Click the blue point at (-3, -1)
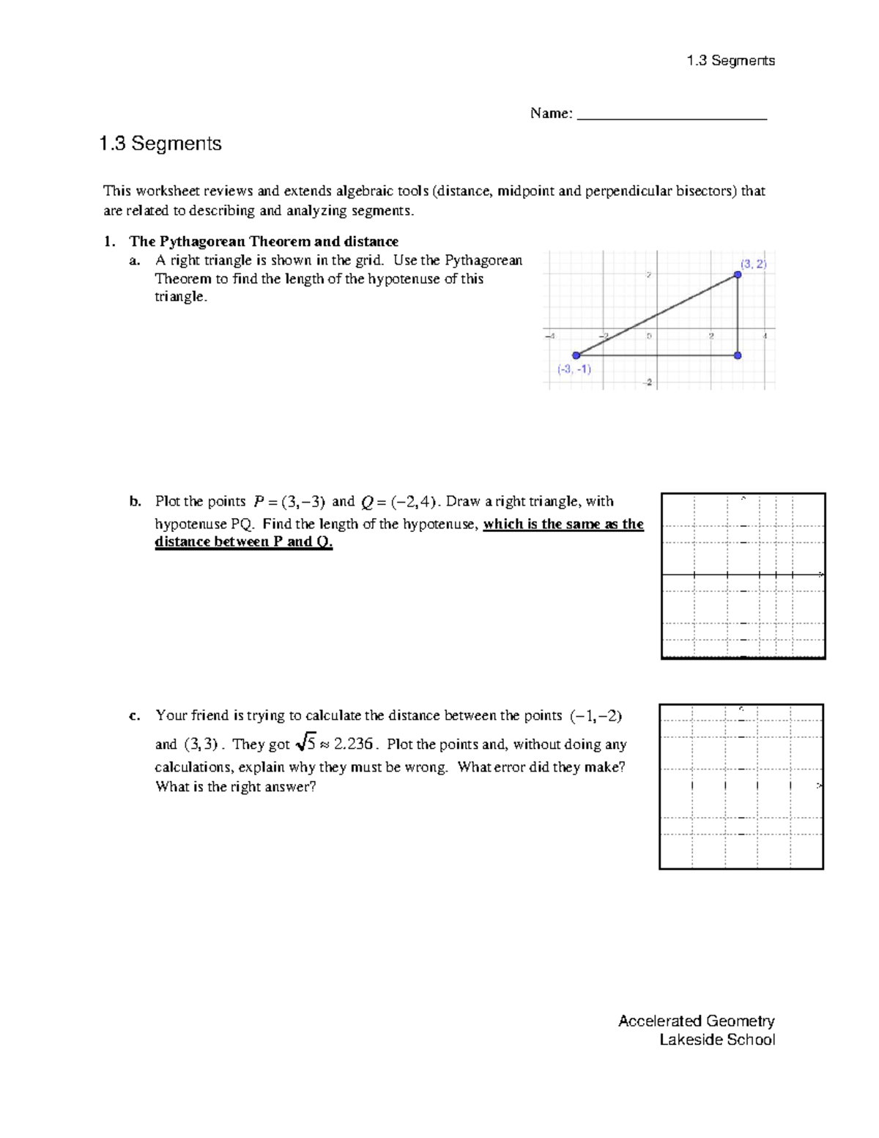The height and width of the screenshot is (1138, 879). pos(576,355)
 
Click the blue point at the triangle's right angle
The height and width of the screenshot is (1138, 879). pos(738,355)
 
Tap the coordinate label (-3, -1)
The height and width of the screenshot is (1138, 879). pos(574,369)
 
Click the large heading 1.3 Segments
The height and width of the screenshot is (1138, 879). pos(160,144)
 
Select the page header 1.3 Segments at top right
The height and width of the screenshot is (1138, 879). pos(730,61)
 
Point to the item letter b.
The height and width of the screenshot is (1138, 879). pos(135,502)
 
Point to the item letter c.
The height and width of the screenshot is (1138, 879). pos(135,716)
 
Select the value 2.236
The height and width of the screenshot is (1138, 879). pos(353,744)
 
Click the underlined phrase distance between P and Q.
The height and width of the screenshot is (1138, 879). pos(244,542)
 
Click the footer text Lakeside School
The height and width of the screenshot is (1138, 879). pos(716,1040)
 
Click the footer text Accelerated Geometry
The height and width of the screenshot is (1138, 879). pos(696,1021)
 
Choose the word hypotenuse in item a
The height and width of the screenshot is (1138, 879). pos(404,279)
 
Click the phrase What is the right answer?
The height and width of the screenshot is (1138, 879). pos(235,787)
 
